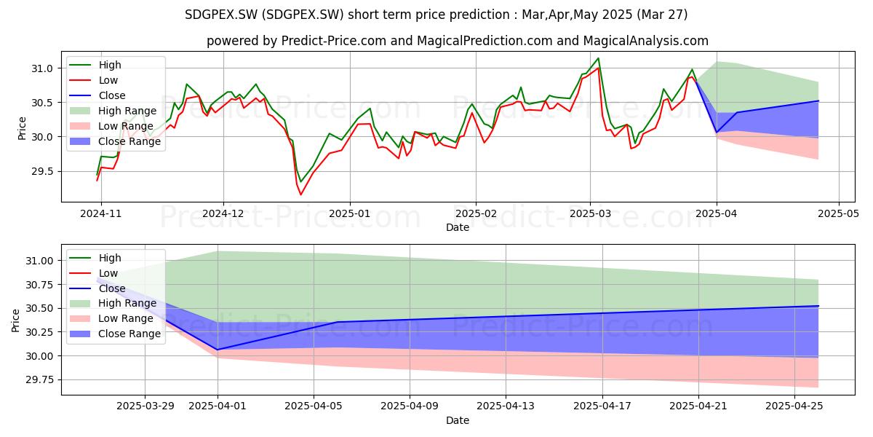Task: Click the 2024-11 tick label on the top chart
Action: (101, 214)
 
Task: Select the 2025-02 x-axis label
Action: (476, 214)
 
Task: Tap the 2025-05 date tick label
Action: (838, 214)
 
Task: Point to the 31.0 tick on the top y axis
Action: (41, 68)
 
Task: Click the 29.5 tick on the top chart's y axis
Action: (41, 172)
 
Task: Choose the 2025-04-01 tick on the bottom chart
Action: (218, 406)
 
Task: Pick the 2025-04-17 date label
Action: (602, 406)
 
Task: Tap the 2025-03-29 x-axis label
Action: (145, 406)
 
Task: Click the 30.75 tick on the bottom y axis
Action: (39, 285)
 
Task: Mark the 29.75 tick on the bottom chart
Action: (39, 380)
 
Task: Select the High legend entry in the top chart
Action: (110, 65)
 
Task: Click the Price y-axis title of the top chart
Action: (22, 128)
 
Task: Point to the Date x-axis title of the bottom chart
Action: (458, 420)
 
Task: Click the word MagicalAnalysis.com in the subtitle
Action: (646, 41)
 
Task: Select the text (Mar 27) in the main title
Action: (662, 15)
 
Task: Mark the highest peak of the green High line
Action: (598, 58)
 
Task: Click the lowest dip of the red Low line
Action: (300, 194)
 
